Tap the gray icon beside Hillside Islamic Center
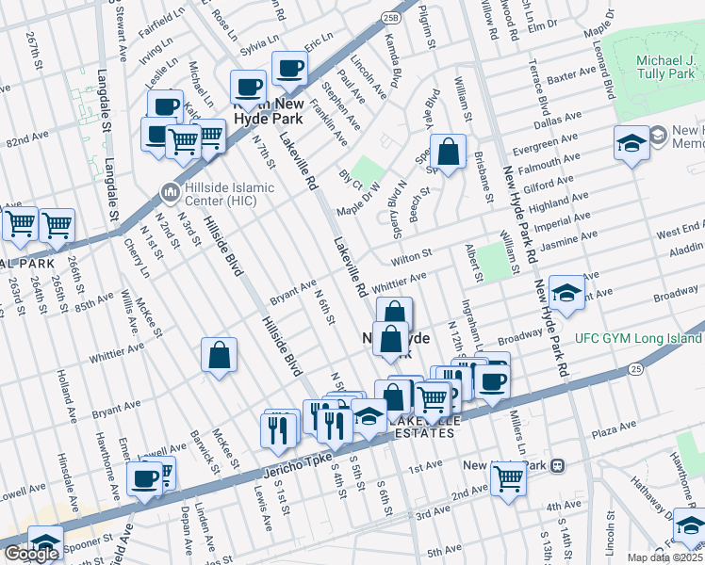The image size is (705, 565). pos(171,193)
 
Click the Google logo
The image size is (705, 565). pos(31,554)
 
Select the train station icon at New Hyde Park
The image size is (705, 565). pos(558,465)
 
